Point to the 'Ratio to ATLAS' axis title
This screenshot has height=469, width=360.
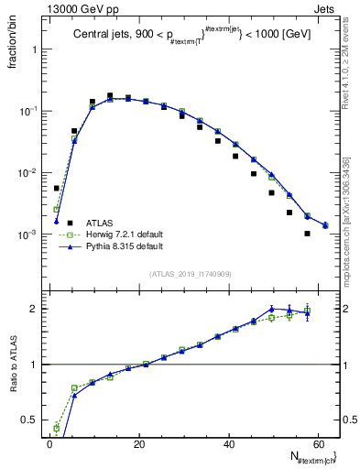10,377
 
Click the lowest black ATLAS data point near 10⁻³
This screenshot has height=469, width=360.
307,234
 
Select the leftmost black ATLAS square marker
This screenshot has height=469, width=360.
56,188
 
